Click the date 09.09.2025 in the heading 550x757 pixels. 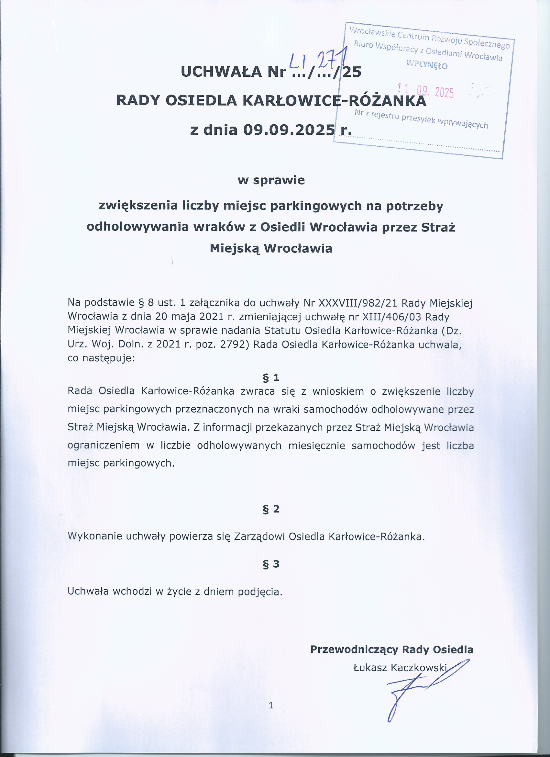click(x=289, y=130)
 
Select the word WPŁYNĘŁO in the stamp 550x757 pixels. click(x=427, y=64)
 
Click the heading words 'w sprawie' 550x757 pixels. click(x=271, y=180)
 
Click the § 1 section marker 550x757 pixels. click(x=271, y=378)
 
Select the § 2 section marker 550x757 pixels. click(x=271, y=509)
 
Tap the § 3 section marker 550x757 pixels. click(x=271, y=564)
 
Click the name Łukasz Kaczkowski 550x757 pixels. click(x=400, y=668)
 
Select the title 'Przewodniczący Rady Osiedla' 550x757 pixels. click(x=391, y=649)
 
